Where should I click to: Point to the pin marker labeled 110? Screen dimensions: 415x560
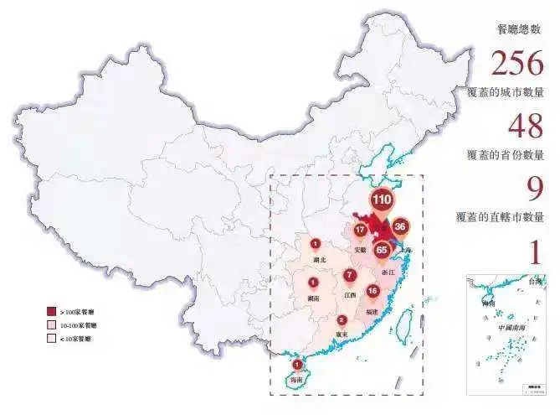tap(381, 201)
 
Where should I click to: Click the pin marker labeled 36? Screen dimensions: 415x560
tap(400, 226)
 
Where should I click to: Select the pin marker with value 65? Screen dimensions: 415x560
tap(383, 250)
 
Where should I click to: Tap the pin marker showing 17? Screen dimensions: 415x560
tap(360, 231)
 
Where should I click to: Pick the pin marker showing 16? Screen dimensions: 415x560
tap(372, 291)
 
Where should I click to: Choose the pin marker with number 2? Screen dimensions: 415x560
tap(342, 320)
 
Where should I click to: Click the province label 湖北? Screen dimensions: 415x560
tap(316, 261)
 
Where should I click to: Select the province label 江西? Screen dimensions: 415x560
tap(349, 295)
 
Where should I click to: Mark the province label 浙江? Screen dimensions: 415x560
tap(388, 273)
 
